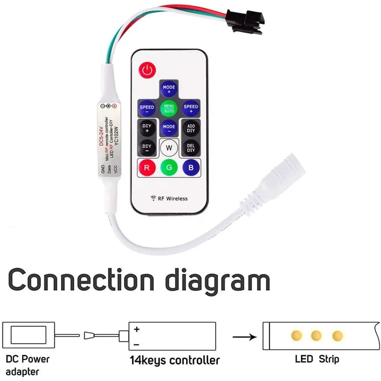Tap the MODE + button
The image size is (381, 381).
pos(169,89)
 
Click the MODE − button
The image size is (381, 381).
pos(169,128)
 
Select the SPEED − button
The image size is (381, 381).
pos(147,109)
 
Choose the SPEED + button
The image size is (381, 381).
pos(191,108)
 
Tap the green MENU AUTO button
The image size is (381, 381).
pos(169,108)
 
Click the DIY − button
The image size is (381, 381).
pos(147,148)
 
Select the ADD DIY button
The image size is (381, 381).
pos(191,128)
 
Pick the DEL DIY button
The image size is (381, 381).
pos(191,148)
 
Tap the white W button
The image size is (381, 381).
pos(169,148)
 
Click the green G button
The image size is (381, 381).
pos(169,167)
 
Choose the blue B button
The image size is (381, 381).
pos(191,167)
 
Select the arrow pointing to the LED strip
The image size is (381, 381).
pos(245,337)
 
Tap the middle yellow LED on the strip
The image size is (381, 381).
pos(316,336)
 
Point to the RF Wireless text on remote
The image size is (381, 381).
pos(170,199)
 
